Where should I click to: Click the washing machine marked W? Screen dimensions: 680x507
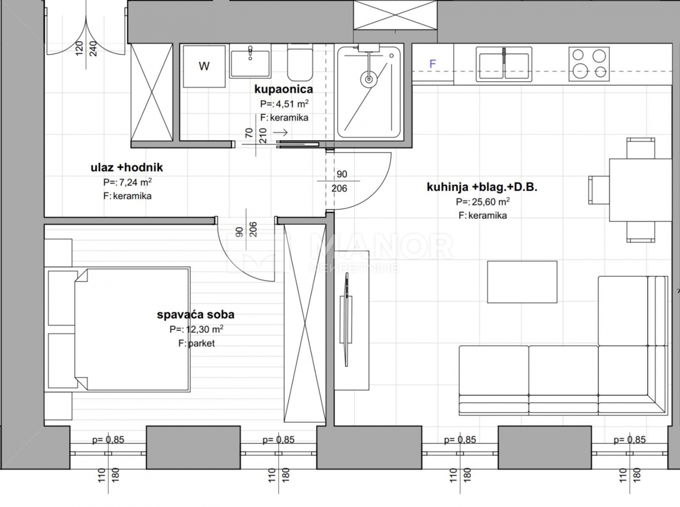point(204,66)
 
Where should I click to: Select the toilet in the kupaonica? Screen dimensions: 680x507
point(300,64)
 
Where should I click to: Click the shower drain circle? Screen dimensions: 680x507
point(369,79)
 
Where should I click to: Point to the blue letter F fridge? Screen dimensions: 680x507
point(432,64)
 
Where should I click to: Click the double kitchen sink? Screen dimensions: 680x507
point(504,65)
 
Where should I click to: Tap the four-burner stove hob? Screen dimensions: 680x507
point(589,64)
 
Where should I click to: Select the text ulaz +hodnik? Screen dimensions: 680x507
point(126,167)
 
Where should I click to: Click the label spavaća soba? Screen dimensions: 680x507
point(195,315)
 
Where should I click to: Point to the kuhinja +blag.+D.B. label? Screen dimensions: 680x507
point(482,187)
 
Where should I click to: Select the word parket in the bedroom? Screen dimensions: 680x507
point(201,344)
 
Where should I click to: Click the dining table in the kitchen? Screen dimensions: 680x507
point(640,190)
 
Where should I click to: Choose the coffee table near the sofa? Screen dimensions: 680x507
point(522,282)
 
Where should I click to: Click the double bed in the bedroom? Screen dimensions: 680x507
point(132,329)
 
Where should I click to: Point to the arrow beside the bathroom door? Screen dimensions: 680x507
point(280,132)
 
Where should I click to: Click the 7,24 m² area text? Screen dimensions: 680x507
point(135,182)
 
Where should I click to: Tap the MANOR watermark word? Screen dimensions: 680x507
point(381,246)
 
